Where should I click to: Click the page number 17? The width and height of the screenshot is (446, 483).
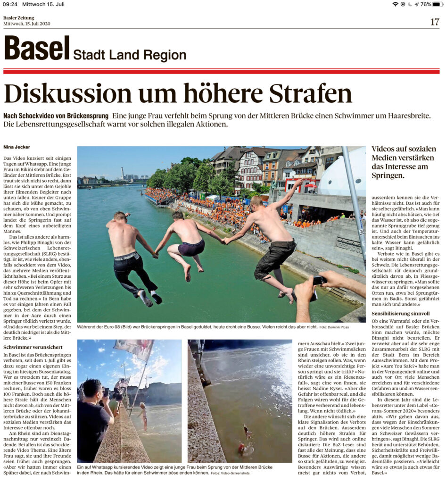[435, 21]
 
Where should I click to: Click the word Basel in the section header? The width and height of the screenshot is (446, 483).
[37, 49]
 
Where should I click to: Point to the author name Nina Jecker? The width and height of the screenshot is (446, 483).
[17, 147]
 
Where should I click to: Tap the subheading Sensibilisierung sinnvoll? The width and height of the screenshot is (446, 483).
[400, 313]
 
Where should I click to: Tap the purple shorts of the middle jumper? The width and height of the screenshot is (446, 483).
[191, 247]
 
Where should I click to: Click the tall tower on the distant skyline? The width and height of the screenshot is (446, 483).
[122, 172]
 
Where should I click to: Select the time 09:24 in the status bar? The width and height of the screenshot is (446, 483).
[10, 4]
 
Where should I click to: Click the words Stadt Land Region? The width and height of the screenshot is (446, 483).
[129, 55]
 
